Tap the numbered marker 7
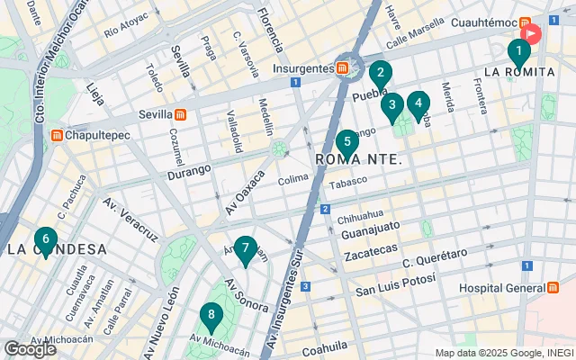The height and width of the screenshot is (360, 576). point(246,250)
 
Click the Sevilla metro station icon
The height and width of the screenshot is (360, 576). point(180,115)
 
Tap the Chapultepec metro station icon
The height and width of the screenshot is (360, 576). point(57,136)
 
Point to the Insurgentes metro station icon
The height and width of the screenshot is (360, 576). point(344,67)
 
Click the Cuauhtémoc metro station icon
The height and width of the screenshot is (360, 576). point(522,22)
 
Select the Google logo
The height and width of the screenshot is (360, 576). point(30,349)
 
